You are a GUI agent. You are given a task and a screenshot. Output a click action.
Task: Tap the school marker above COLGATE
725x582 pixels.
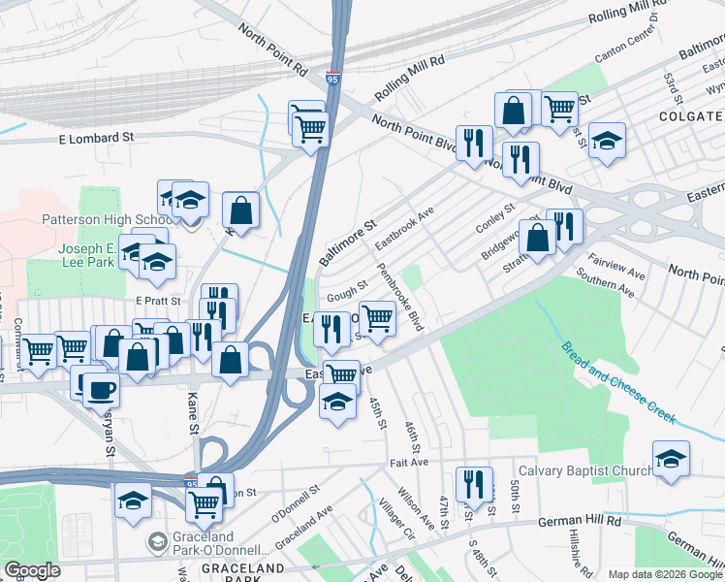(607, 141)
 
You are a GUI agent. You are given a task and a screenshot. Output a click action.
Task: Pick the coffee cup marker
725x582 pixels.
(102, 390)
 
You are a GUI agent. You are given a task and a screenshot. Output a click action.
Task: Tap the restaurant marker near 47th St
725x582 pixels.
(473, 485)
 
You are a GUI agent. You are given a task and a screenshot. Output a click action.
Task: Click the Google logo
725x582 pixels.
(31, 570)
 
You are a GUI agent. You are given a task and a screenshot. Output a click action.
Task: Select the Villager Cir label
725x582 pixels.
(396, 521)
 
